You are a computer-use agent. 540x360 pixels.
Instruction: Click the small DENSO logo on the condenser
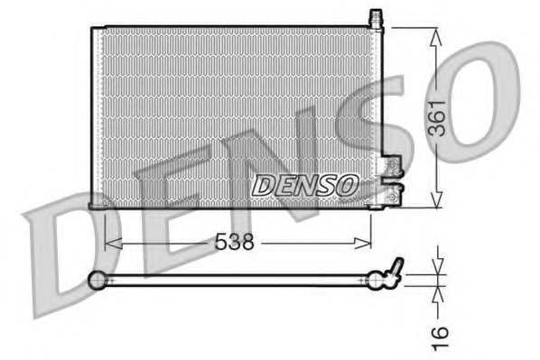coord(304,185)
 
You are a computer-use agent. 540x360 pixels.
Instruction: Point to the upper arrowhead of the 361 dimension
coord(436,34)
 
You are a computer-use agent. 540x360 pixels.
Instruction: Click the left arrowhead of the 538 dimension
coord(111,242)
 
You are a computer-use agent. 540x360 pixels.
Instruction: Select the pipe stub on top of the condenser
coord(376,18)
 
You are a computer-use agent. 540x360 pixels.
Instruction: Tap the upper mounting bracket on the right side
coord(392,164)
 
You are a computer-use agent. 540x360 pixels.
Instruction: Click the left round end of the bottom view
coord(98,281)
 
